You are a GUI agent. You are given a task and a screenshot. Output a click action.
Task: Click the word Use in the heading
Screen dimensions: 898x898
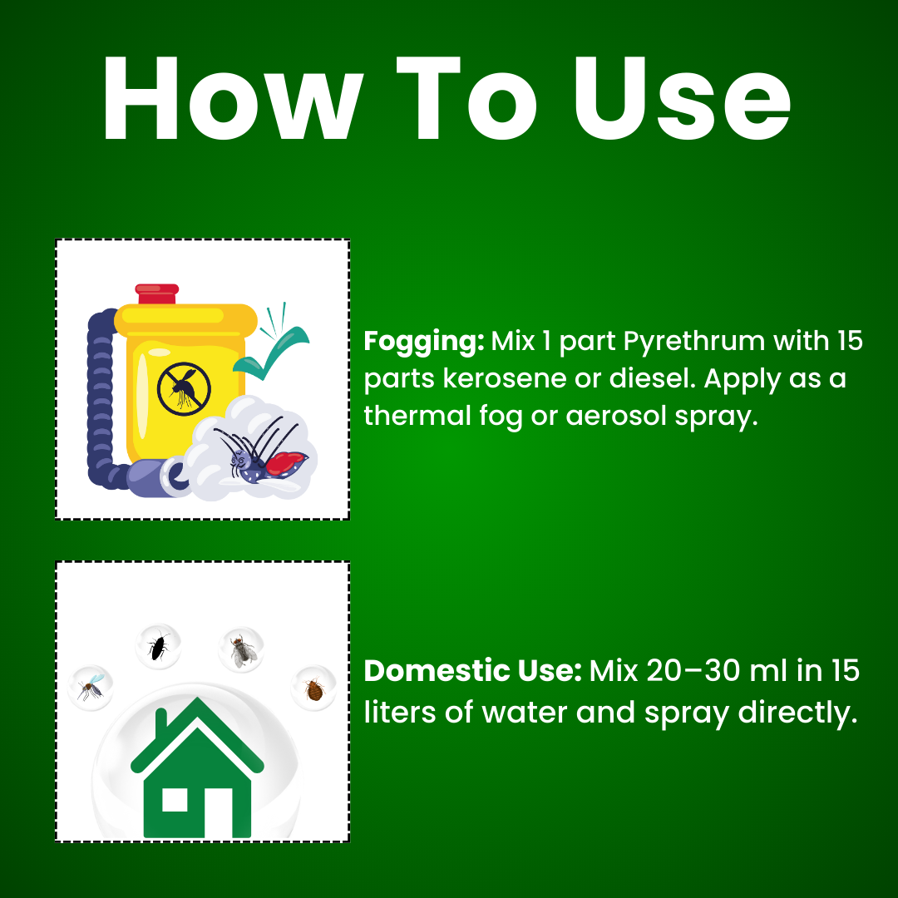pos(683,98)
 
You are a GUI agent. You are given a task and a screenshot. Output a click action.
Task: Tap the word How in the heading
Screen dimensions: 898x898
pos(233,98)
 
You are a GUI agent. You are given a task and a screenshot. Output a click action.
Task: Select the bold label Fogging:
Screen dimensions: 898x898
pos(424,342)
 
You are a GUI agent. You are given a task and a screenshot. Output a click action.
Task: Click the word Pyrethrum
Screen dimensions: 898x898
pos(694,342)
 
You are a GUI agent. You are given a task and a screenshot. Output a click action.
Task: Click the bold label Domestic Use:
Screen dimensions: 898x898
pos(472,670)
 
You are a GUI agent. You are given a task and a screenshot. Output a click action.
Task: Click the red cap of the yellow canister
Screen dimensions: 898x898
pos(157,294)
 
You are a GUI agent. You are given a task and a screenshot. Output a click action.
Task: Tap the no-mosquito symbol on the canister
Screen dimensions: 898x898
pos(184,389)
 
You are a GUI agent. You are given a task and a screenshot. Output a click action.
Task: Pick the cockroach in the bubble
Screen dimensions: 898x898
pos(158,645)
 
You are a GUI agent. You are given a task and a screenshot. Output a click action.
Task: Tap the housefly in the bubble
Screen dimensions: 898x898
pos(241,649)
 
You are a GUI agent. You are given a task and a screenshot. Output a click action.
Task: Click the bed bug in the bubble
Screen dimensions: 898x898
pos(313,689)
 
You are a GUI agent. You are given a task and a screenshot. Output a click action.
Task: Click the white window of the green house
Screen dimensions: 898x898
pos(175,800)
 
